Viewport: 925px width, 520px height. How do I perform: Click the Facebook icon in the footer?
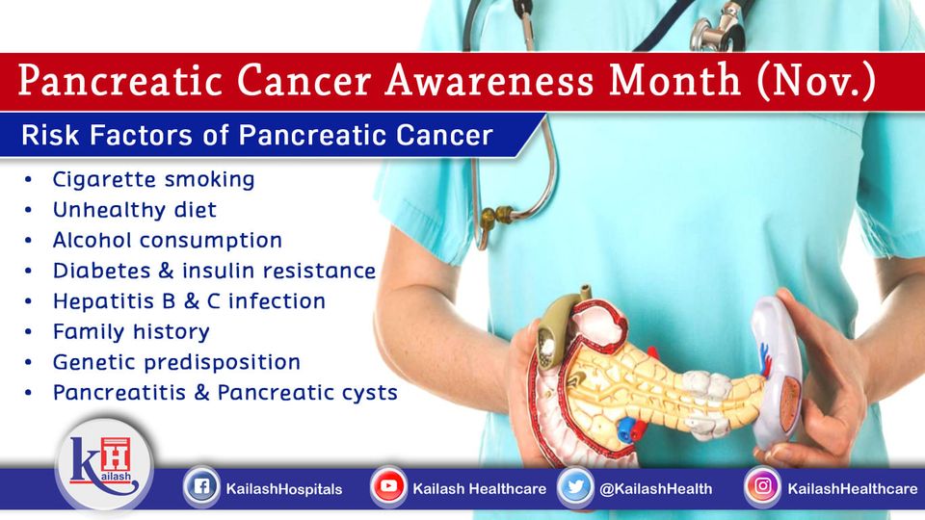[x=201, y=487]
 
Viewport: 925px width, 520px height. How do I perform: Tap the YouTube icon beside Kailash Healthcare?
[x=388, y=487]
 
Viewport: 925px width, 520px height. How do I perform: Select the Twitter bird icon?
[x=575, y=487]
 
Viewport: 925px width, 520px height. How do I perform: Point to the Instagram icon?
[x=762, y=487]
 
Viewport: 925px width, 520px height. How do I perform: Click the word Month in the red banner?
[x=674, y=80]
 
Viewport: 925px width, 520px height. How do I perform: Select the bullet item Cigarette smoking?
[x=153, y=179]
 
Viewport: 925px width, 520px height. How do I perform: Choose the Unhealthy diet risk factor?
[x=135, y=210]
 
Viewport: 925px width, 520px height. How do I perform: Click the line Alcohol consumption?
[x=168, y=241]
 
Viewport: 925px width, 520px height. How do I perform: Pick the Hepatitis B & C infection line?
[x=189, y=301]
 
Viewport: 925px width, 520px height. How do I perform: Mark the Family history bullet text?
[x=131, y=332]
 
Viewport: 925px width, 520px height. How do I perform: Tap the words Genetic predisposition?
[x=176, y=363]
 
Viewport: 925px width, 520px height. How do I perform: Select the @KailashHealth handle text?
[x=655, y=489]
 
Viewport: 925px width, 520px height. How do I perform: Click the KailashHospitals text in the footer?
[x=283, y=489]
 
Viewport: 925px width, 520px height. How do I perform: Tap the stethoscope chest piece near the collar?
[x=718, y=31]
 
